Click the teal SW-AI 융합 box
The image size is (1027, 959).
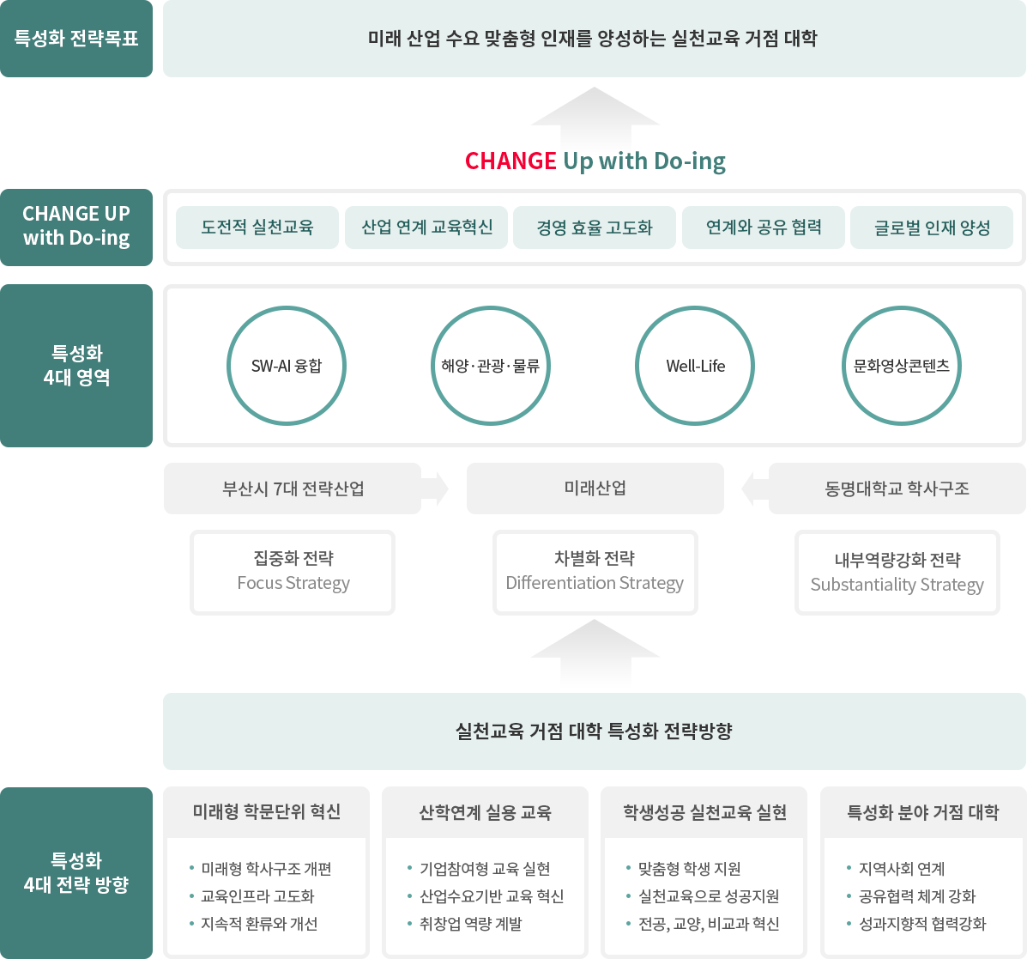pyautogui.click(x=286, y=366)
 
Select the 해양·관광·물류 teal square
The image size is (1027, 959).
pyautogui.click(x=490, y=366)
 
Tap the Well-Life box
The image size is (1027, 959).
pyautogui.click(x=694, y=366)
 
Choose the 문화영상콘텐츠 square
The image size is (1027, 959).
pyautogui.click(x=901, y=366)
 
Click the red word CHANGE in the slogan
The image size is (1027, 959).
pyautogui.click(x=510, y=161)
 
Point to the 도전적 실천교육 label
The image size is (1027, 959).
pyautogui.click(x=257, y=228)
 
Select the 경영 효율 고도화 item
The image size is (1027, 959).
pyautogui.click(x=595, y=228)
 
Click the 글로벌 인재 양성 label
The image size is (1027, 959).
pyautogui.click(x=932, y=228)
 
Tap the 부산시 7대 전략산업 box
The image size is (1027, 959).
pyautogui.click(x=293, y=489)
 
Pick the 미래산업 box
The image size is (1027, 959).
pyautogui.click(x=595, y=489)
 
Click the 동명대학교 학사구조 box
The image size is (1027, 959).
pyautogui.click(x=897, y=489)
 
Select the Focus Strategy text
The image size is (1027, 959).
pyautogui.click(x=293, y=583)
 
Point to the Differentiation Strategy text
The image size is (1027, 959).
pyautogui.click(x=595, y=583)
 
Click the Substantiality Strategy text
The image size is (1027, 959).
pyautogui.click(x=897, y=585)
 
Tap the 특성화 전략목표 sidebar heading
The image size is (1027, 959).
pyautogui.click(x=76, y=39)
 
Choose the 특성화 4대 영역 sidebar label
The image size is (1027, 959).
pyautogui.click(x=76, y=365)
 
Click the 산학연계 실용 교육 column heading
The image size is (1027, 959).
pyautogui.click(x=485, y=812)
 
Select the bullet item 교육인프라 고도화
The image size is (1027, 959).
pyautogui.click(x=257, y=896)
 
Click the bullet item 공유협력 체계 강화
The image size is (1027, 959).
pyautogui.click(x=916, y=896)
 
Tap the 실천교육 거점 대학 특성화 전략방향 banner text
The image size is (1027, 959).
pyautogui.click(x=594, y=731)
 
